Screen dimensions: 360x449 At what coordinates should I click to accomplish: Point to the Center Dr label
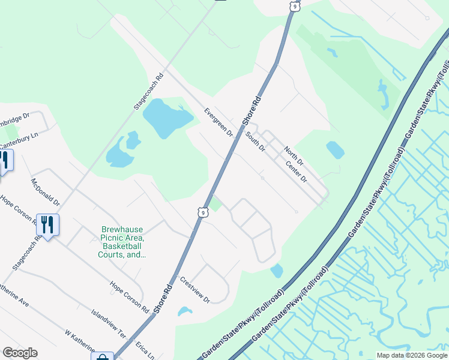point(296,172)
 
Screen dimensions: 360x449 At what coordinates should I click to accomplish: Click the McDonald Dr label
point(46,192)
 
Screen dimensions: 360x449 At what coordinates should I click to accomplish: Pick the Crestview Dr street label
point(195,290)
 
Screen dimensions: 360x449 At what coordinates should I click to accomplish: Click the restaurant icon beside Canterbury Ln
point(4,160)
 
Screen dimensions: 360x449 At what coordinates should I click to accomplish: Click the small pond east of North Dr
point(335,149)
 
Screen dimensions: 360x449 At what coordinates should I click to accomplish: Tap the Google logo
point(20,353)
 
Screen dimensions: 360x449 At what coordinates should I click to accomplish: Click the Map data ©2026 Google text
point(411,355)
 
